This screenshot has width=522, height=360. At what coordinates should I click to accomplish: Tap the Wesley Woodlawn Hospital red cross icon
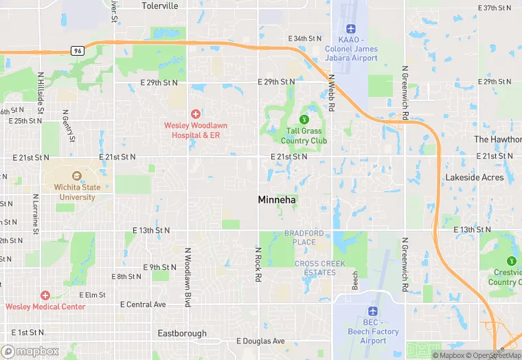coord(196,113)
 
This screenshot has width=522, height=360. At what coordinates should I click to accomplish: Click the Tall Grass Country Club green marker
coord(295,121)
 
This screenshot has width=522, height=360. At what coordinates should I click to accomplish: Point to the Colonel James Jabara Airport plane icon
coord(351,30)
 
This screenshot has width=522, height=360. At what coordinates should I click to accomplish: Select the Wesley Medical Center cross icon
coord(45,295)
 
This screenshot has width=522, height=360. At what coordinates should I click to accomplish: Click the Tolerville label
coord(159,6)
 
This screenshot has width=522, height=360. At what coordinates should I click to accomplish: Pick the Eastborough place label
coord(182,333)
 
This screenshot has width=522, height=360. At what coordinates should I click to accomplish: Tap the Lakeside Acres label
coord(475,177)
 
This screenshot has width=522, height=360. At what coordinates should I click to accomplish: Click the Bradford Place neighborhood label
coord(300,238)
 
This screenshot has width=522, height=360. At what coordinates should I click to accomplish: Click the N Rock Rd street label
coord(258,264)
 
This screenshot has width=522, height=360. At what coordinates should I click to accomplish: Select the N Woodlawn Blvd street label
coord(187,277)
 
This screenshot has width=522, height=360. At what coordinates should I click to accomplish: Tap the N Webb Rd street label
coord(331,94)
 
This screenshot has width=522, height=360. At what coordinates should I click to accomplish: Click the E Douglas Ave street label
coord(260,341)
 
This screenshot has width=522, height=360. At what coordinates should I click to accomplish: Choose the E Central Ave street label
coord(143,304)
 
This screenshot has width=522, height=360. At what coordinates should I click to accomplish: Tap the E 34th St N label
coord(305,38)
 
